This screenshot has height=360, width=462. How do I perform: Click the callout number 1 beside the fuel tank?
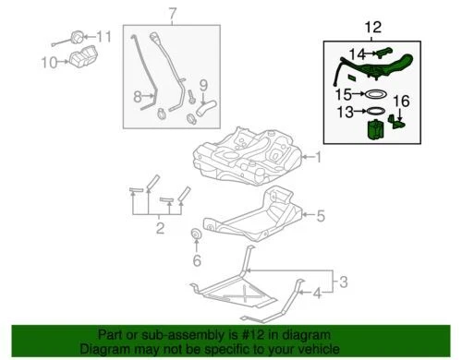[x=320, y=157]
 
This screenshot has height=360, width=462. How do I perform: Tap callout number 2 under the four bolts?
[x=160, y=227]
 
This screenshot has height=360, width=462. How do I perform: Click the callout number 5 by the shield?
[x=321, y=217]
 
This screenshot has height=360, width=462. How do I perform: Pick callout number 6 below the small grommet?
[x=196, y=261]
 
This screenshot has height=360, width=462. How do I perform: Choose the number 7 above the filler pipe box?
[x=170, y=14]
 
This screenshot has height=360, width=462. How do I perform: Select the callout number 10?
[x=48, y=63]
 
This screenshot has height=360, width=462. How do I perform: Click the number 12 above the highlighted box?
[x=371, y=29]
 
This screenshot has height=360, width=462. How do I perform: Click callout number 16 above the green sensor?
[x=401, y=100]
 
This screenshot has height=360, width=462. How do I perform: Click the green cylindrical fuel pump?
[x=374, y=132]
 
